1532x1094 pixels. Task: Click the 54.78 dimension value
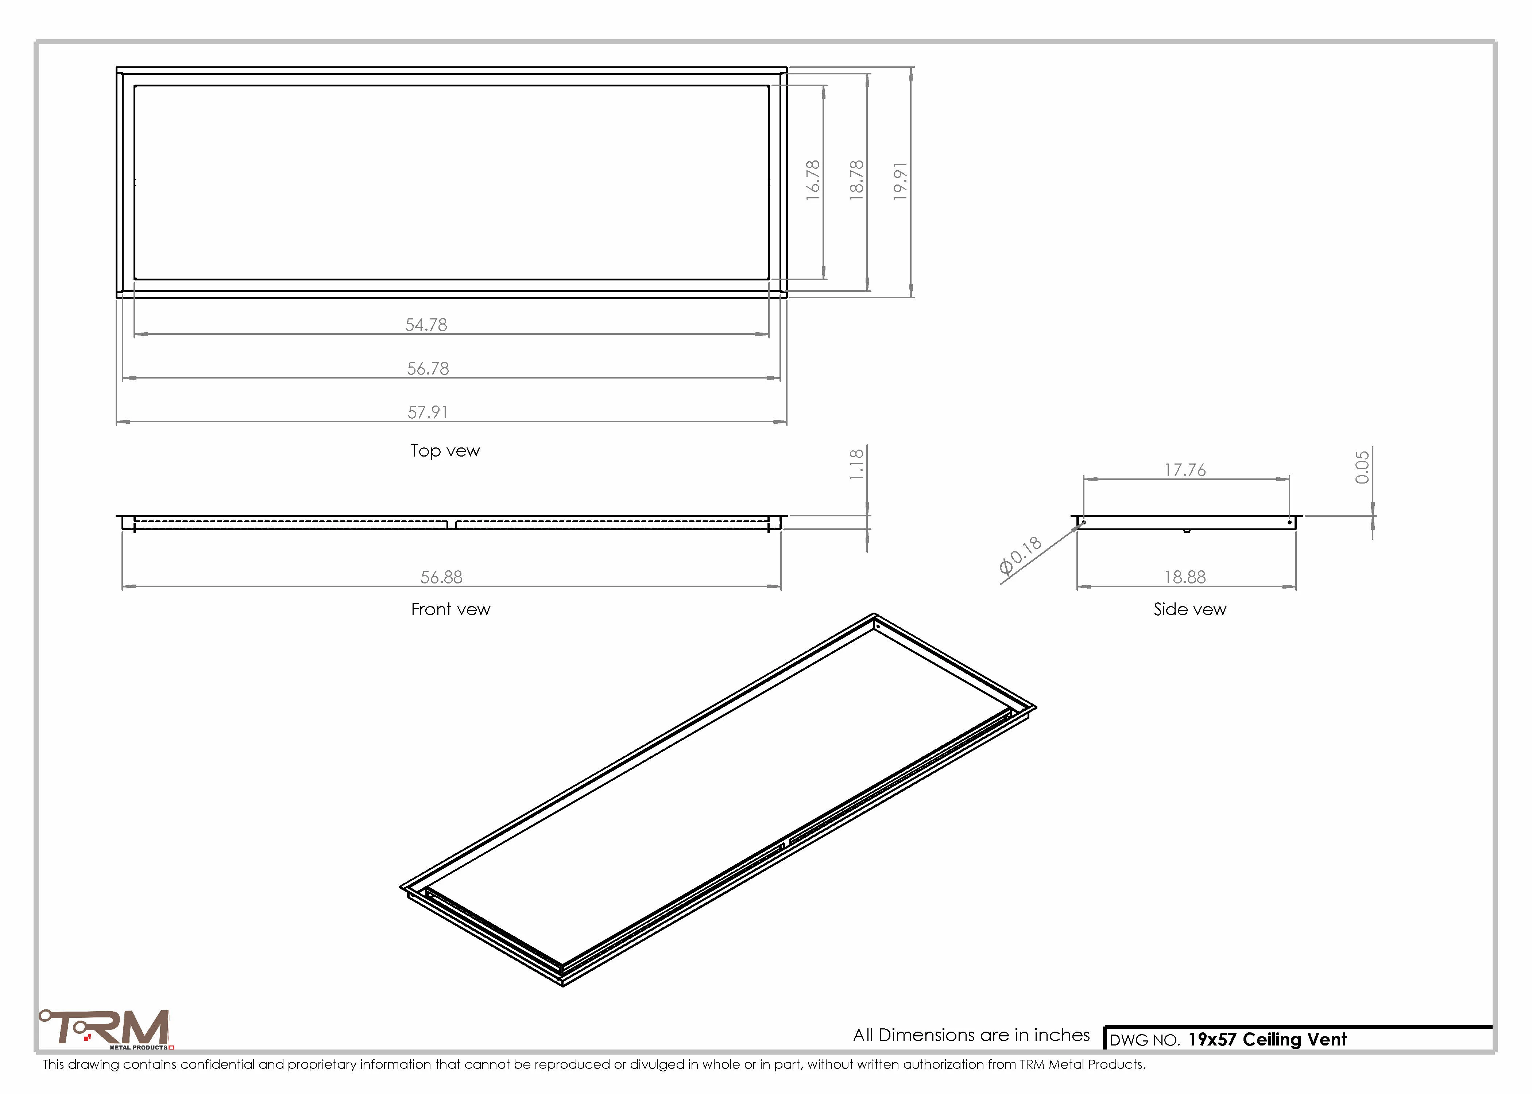click(426, 325)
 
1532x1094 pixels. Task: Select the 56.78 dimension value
click(428, 368)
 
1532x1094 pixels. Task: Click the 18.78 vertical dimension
click(856, 180)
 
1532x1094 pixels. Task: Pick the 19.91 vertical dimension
click(901, 181)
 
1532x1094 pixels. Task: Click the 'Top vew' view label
click(445, 451)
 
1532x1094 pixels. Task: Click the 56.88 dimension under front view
click(441, 577)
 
